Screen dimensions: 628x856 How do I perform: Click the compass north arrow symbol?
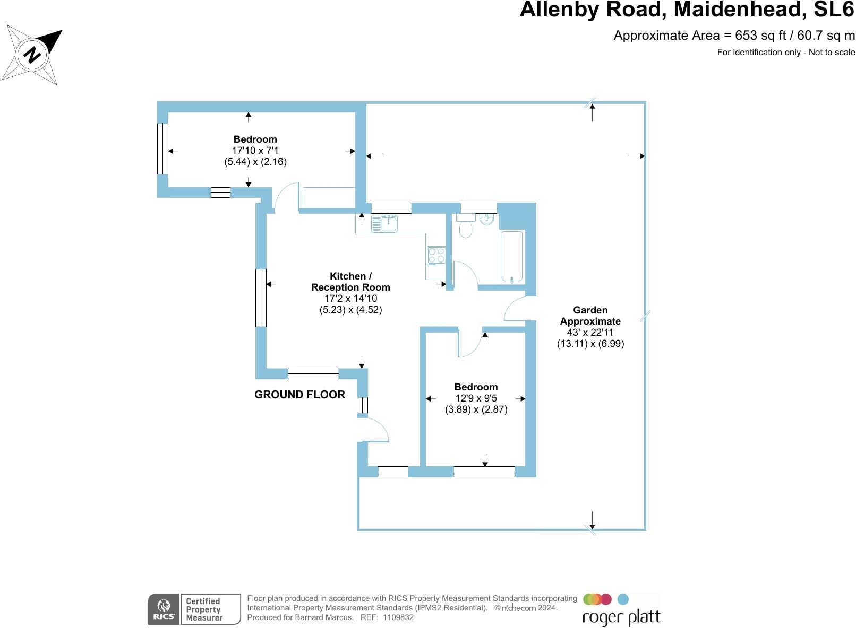tap(32, 54)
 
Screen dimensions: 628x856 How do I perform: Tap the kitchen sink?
tap(384, 223)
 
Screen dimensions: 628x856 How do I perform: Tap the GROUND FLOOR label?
tap(299, 395)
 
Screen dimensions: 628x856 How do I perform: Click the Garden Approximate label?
tap(590, 316)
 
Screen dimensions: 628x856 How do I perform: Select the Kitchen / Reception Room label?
tap(350, 282)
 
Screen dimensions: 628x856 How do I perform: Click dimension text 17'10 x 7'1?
tap(255, 151)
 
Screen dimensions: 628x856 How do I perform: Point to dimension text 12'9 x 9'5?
tap(476, 398)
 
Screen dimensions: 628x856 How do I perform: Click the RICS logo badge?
tap(164, 609)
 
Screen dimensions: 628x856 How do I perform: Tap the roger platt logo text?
tap(621, 618)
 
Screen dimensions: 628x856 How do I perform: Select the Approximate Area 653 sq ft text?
tap(734, 36)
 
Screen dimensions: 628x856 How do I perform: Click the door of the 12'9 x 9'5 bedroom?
tap(470, 343)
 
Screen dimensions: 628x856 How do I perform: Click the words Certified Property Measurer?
tap(203, 609)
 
